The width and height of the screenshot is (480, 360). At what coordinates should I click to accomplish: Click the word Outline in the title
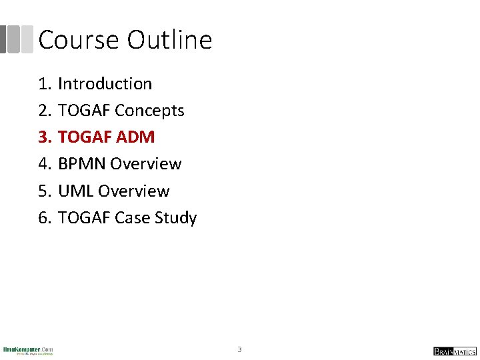point(169,40)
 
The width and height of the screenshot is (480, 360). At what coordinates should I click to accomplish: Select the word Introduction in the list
point(105,84)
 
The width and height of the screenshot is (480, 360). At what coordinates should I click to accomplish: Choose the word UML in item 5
point(75,191)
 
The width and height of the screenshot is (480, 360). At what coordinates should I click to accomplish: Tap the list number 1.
point(44,84)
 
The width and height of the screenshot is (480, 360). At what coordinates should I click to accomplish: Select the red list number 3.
point(44,137)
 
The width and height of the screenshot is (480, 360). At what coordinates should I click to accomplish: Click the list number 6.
point(44,218)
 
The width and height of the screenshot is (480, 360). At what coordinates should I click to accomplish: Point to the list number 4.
point(44,164)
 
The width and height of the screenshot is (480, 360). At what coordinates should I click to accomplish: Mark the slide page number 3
point(240,349)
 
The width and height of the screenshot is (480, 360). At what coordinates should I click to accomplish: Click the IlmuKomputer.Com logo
point(28,350)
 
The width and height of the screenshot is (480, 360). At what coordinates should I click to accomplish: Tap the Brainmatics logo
point(455,351)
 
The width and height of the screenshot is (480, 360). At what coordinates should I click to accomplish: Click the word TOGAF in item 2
point(84,111)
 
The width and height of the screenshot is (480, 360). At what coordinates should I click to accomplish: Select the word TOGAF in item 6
point(84,218)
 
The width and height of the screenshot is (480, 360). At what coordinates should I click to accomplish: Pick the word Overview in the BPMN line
point(145,164)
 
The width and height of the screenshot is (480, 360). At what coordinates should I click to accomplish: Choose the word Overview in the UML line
point(133,191)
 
